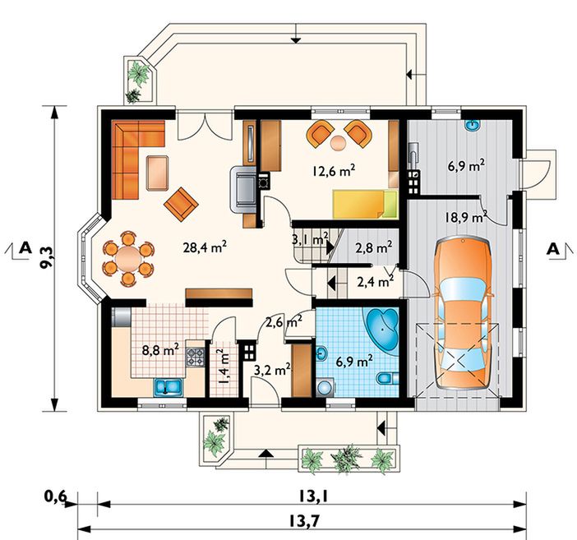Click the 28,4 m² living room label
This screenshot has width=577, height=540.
tap(205, 247)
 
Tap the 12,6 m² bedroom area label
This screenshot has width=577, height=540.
tap(334, 171)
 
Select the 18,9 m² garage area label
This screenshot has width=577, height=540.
tap(466, 217)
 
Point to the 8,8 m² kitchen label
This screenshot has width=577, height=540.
tap(160, 349)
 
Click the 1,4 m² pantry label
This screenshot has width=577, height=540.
tap(224, 367)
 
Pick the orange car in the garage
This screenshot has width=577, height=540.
tap(463, 313)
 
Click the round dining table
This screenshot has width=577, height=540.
tap(128, 258)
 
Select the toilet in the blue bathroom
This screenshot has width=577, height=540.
tap(387, 378)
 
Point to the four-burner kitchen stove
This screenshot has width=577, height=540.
tap(195, 357)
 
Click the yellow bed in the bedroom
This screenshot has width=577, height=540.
tap(365, 204)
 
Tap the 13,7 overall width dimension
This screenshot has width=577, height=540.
tap(302, 521)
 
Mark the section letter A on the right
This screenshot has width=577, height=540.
tap(552, 249)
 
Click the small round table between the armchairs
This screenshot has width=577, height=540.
tap(338, 143)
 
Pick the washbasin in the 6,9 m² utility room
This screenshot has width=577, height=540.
tap(473, 125)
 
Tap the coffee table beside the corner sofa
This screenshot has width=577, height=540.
tap(158, 173)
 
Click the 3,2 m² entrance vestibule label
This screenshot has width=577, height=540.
tap(273, 370)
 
